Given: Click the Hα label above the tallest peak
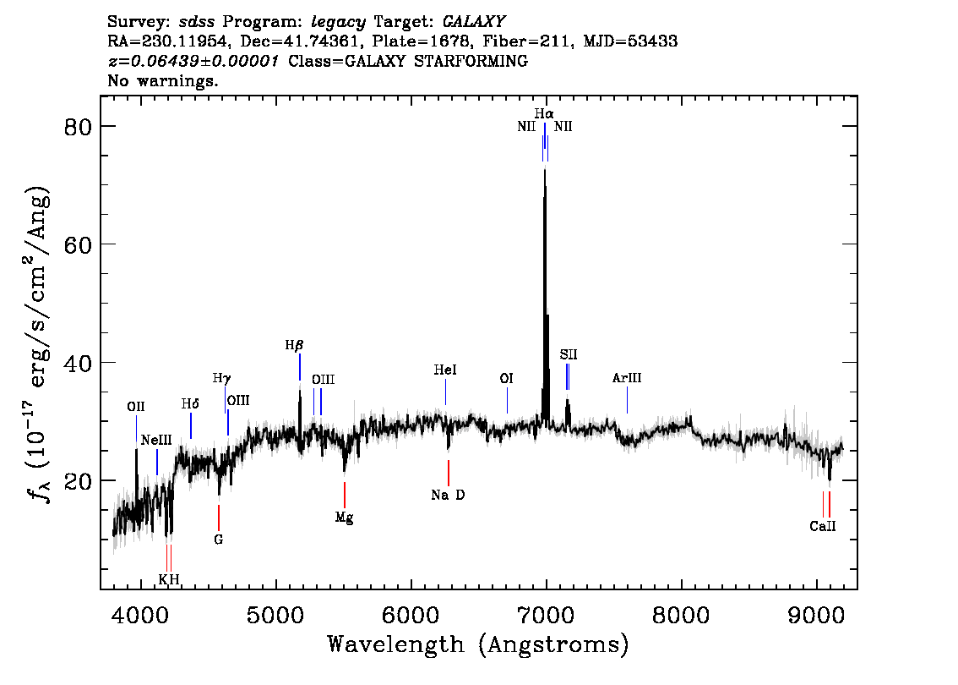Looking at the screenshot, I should (544, 112).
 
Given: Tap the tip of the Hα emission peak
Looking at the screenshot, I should (544, 170).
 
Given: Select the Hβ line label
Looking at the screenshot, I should (294, 345).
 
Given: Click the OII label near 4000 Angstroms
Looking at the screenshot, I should (136, 407).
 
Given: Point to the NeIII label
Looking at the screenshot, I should (156, 440).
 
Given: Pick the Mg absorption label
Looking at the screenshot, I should (344, 518).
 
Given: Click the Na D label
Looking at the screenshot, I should (448, 496).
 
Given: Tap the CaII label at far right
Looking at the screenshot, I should (823, 526).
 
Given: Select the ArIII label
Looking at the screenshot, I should (627, 378).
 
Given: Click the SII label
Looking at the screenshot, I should (568, 354).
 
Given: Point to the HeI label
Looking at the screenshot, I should (445, 370).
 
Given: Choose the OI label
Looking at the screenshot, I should (507, 379).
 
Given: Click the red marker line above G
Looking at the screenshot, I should (219, 517).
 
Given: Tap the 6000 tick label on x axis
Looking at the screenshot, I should (411, 611).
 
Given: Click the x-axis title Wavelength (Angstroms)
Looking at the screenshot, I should (478, 645).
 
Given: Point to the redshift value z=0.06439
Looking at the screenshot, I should (193, 62).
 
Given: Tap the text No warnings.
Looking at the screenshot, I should (163, 81).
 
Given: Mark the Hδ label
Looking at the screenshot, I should (191, 403).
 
